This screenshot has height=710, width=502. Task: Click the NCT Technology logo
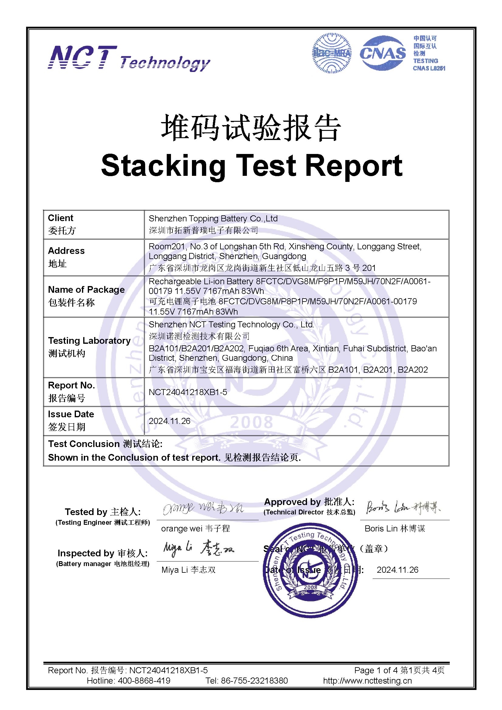pos(129,58)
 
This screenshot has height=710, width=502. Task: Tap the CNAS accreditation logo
pos(383,53)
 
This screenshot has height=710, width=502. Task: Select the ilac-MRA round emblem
pos(332,53)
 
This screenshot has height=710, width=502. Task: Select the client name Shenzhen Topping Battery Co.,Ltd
pos(213,219)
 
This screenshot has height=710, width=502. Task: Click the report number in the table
pos(188,392)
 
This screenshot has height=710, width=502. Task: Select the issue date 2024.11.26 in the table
pos(169,421)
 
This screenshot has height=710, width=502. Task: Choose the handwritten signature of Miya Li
pos(198,549)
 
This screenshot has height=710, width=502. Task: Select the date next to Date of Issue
pos(398,570)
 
